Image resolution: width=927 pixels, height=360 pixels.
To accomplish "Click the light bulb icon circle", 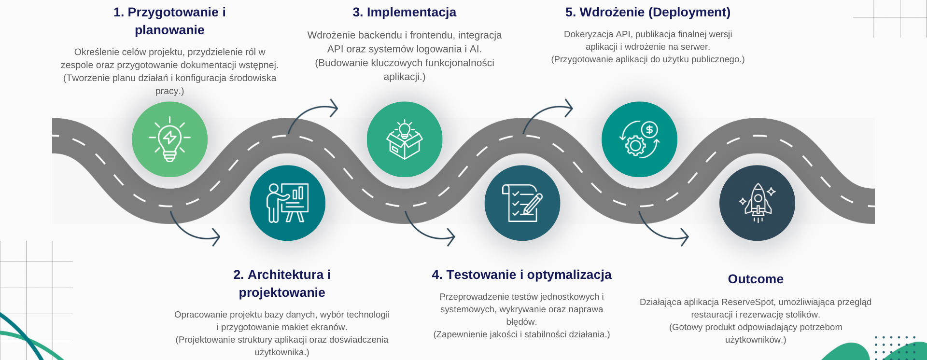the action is pyautogui.click(x=169, y=139).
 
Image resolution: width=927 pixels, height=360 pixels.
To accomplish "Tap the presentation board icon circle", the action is pyautogui.click(x=287, y=203).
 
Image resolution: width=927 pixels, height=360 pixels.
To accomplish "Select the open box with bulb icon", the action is pyautogui.click(x=405, y=139).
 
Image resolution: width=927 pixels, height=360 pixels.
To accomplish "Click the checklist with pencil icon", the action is pyautogui.click(x=522, y=203).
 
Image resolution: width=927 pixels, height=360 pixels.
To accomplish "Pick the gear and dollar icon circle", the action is pyautogui.click(x=639, y=139).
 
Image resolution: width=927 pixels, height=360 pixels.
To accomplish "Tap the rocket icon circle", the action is pyautogui.click(x=757, y=203).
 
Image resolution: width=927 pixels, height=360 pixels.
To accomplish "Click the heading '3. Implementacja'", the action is pyautogui.click(x=405, y=12).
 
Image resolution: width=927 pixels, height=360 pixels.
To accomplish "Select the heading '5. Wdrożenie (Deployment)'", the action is pyautogui.click(x=648, y=12).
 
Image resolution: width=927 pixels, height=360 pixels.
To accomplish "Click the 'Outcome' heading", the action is pyautogui.click(x=756, y=279).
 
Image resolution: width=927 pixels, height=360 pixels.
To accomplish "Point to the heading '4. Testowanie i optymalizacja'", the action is pyautogui.click(x=521, y=275).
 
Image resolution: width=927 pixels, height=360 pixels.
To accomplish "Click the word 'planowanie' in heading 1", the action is pyautogui.click(x=169, y=30).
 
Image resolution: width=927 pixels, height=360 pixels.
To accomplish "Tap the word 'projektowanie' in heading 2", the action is pyautogui.click(x=282, y=292).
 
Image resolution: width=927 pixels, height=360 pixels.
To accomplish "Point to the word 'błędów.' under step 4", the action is pyautogui.click(x=521, y=322).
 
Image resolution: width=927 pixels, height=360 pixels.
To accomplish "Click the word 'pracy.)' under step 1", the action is pyautogui.click(x=169, y=91).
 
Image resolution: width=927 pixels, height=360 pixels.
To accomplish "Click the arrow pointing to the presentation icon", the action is pyautogui.click(x=194, y=232).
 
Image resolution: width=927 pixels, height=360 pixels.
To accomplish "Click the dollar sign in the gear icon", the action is pyautogui.click(x=649, y=129).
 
